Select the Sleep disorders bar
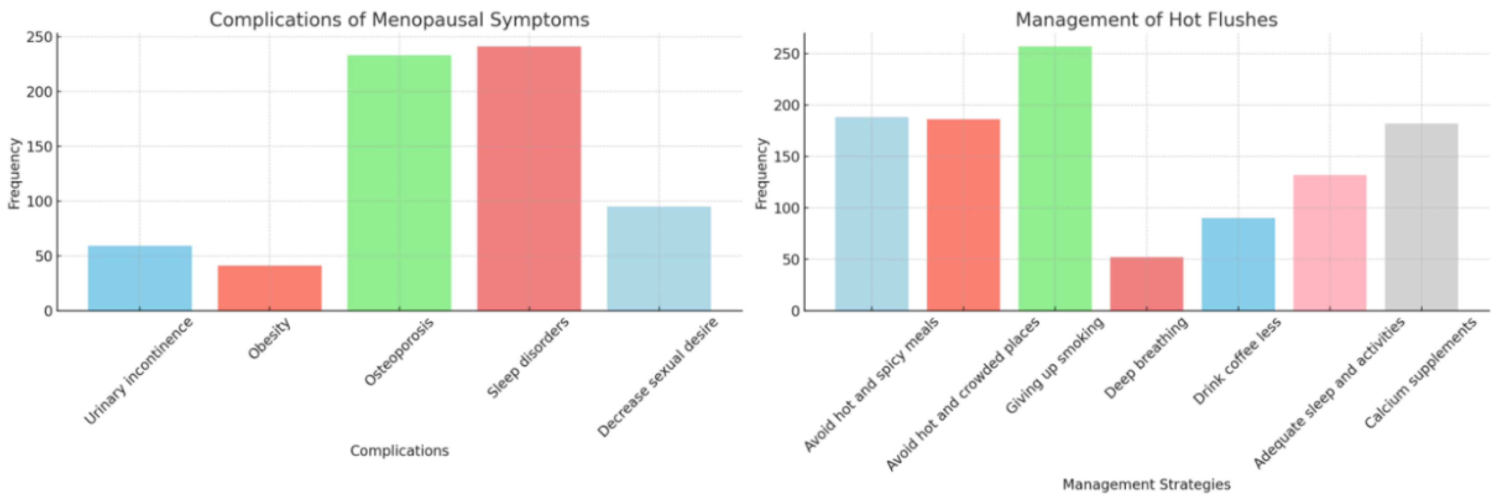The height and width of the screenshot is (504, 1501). [529, 178]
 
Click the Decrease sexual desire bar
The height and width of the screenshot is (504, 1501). [658, 258]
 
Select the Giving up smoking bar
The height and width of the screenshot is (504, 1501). [1055, 178]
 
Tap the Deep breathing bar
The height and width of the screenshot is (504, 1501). [1146, 283]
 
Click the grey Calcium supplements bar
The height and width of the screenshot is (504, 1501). [1421, 216]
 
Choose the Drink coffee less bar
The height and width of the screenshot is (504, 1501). [1238, 264]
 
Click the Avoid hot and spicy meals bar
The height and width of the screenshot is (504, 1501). [872, 214]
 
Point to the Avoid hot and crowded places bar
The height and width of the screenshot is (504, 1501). [963, 215]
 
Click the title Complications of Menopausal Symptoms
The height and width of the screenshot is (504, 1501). [399, 20]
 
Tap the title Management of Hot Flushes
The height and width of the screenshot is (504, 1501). [1146, 20]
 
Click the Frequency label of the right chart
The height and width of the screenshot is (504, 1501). [762, 173]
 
